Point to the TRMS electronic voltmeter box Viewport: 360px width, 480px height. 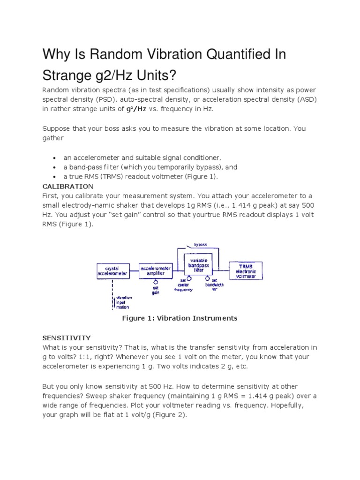pyautogui.click(x=246, y=270)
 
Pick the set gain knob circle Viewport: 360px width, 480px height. pyautogui.click(x=155, y=282)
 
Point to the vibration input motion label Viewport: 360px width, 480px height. pyautogui.click(x=123, y=302)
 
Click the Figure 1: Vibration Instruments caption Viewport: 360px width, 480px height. pyautogui.click(x=180, y=318)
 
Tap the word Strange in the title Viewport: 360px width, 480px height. pyautogui.click(x=69, y=75)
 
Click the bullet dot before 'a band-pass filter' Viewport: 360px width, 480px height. pyautogui.click(x=55, y=167)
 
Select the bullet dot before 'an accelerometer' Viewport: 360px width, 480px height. pyautogui.click(x=55, y=158)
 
